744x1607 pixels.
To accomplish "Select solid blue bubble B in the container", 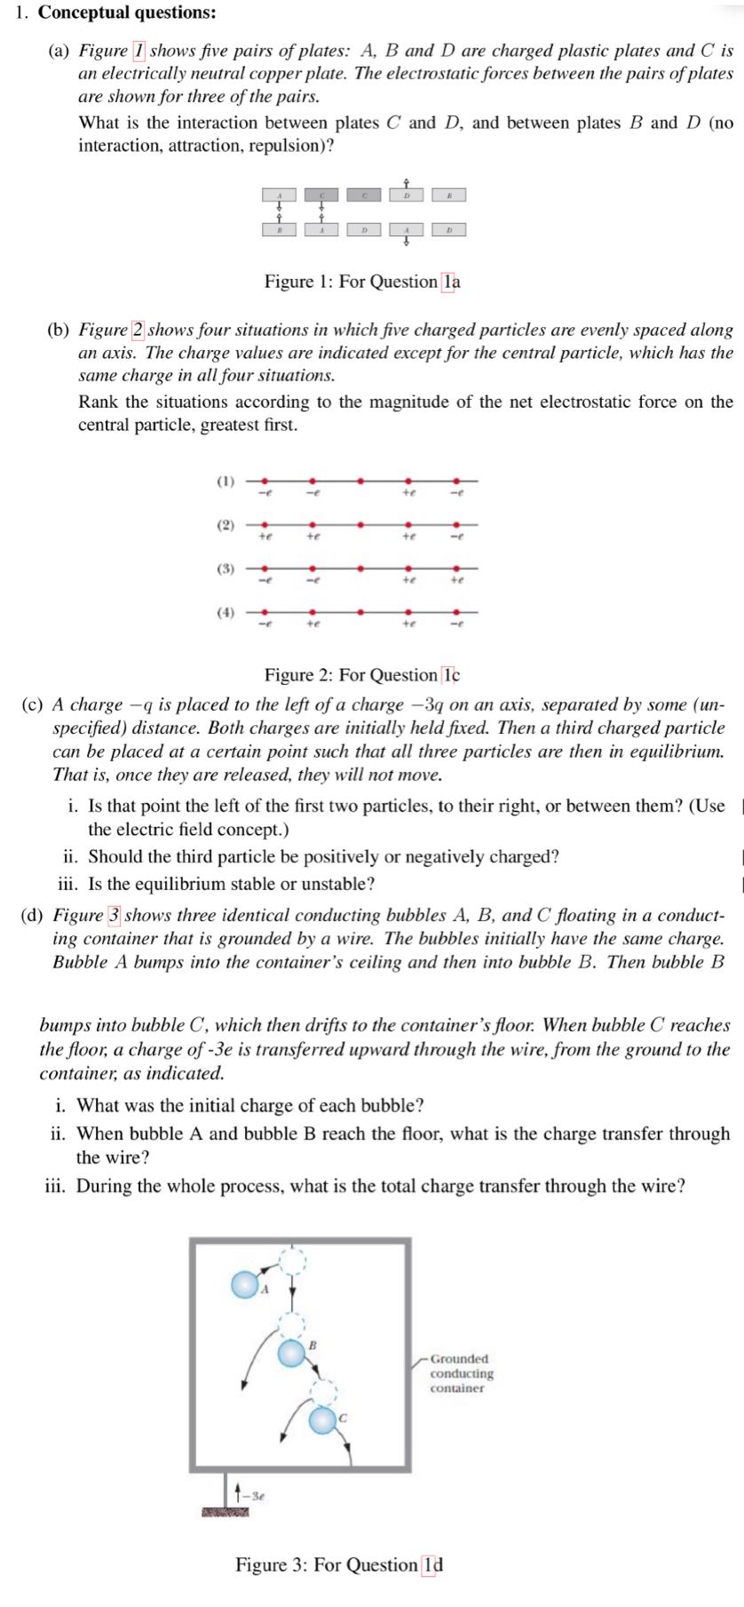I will point(290,1354).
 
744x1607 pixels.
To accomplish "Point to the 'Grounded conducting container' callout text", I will point(461,1372).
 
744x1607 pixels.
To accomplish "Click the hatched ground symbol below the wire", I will point(224,1511).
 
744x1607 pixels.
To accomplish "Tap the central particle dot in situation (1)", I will point(360,481).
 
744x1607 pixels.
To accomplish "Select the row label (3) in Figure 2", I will point(226,569).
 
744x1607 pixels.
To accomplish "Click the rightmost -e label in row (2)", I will point(455,537).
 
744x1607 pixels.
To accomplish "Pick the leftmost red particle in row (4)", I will point(264,612).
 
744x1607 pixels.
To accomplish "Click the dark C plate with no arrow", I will point(364,195).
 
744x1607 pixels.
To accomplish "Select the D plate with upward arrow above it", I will point(407,195).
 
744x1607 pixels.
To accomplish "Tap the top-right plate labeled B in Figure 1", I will point(449,195).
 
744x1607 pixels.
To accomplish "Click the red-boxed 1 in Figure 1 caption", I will point(451,282).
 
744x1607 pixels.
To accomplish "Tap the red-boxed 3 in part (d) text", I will point(115,915).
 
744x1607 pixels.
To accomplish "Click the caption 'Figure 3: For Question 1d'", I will point(338,1564).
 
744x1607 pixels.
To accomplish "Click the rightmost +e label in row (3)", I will point(455,579).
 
